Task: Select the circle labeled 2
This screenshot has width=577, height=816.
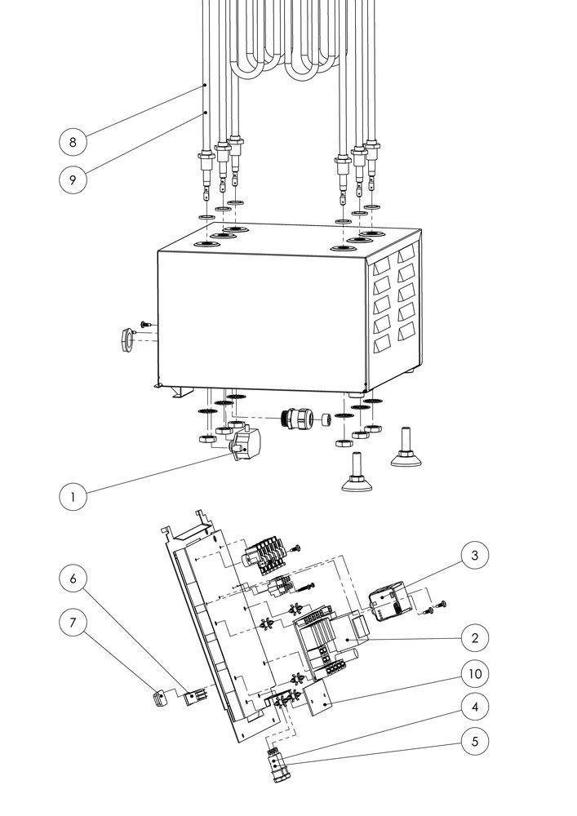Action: tap(474, 636)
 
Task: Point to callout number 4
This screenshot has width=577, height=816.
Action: tap(474, 704)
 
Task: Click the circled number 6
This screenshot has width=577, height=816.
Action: tap(73, 579)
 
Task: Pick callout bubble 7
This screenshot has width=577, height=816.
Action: tap(73, 623)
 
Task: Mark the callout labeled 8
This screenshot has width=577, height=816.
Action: tap(73, 142)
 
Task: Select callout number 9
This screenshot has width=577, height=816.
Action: tap(73, 180)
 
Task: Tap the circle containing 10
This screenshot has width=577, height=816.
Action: tap(474, 674)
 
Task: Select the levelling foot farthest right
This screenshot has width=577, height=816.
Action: tap(406, 450)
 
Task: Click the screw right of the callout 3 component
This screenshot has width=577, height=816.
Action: tap(442, 604)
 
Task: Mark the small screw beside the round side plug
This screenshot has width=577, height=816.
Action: tap(145, 325)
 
